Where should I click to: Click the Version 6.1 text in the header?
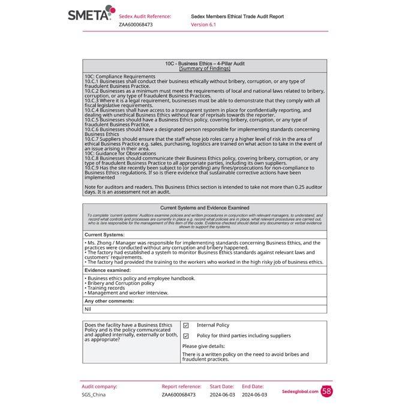(203, 25)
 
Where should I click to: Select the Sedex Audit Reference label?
(145, 16)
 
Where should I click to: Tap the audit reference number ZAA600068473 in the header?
(136, 25)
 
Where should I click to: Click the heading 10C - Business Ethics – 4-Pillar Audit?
(205, 63)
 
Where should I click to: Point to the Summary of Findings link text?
(205, 68)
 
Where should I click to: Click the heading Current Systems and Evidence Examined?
(205, 208)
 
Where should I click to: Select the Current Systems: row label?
(104, 235)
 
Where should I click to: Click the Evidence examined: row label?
(107, 271)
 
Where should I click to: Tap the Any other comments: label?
(109, 301)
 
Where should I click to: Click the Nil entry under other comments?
(88, 309)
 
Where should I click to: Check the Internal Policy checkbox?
(186, 325)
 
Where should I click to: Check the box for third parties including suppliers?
(186, 336)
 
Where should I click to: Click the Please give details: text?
(203, 346)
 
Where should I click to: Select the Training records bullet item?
(105, 288)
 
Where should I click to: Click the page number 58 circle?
(326, 391)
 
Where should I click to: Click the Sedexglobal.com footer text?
(299, 391)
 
